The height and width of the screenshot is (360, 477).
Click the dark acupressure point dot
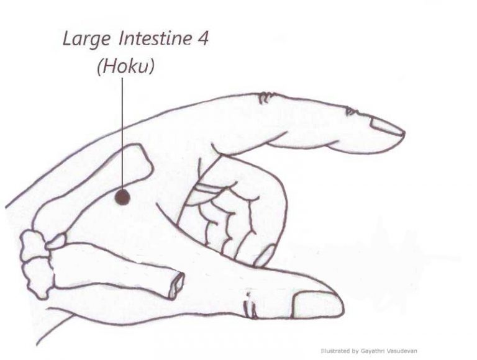[x=122, y=197]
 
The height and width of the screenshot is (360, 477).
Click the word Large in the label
[x=86, y=40]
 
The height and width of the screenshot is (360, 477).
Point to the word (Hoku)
[x=125, y=66]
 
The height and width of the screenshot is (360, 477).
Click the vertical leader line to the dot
[x=122, y=134]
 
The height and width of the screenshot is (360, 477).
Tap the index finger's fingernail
[x=387, y=125]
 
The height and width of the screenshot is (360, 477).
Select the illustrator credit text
[x=369, y=351]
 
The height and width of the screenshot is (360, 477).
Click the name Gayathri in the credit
[x=371, y=351]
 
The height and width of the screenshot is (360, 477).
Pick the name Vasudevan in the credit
[x=401, y=351]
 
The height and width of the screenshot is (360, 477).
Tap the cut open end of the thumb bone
[x=176, y=285]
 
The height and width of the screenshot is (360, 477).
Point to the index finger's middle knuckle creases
[x=266, y=97]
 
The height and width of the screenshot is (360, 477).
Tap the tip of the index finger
[x=404, y=134]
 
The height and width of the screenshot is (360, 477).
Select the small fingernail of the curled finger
[x=265, y=255]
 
